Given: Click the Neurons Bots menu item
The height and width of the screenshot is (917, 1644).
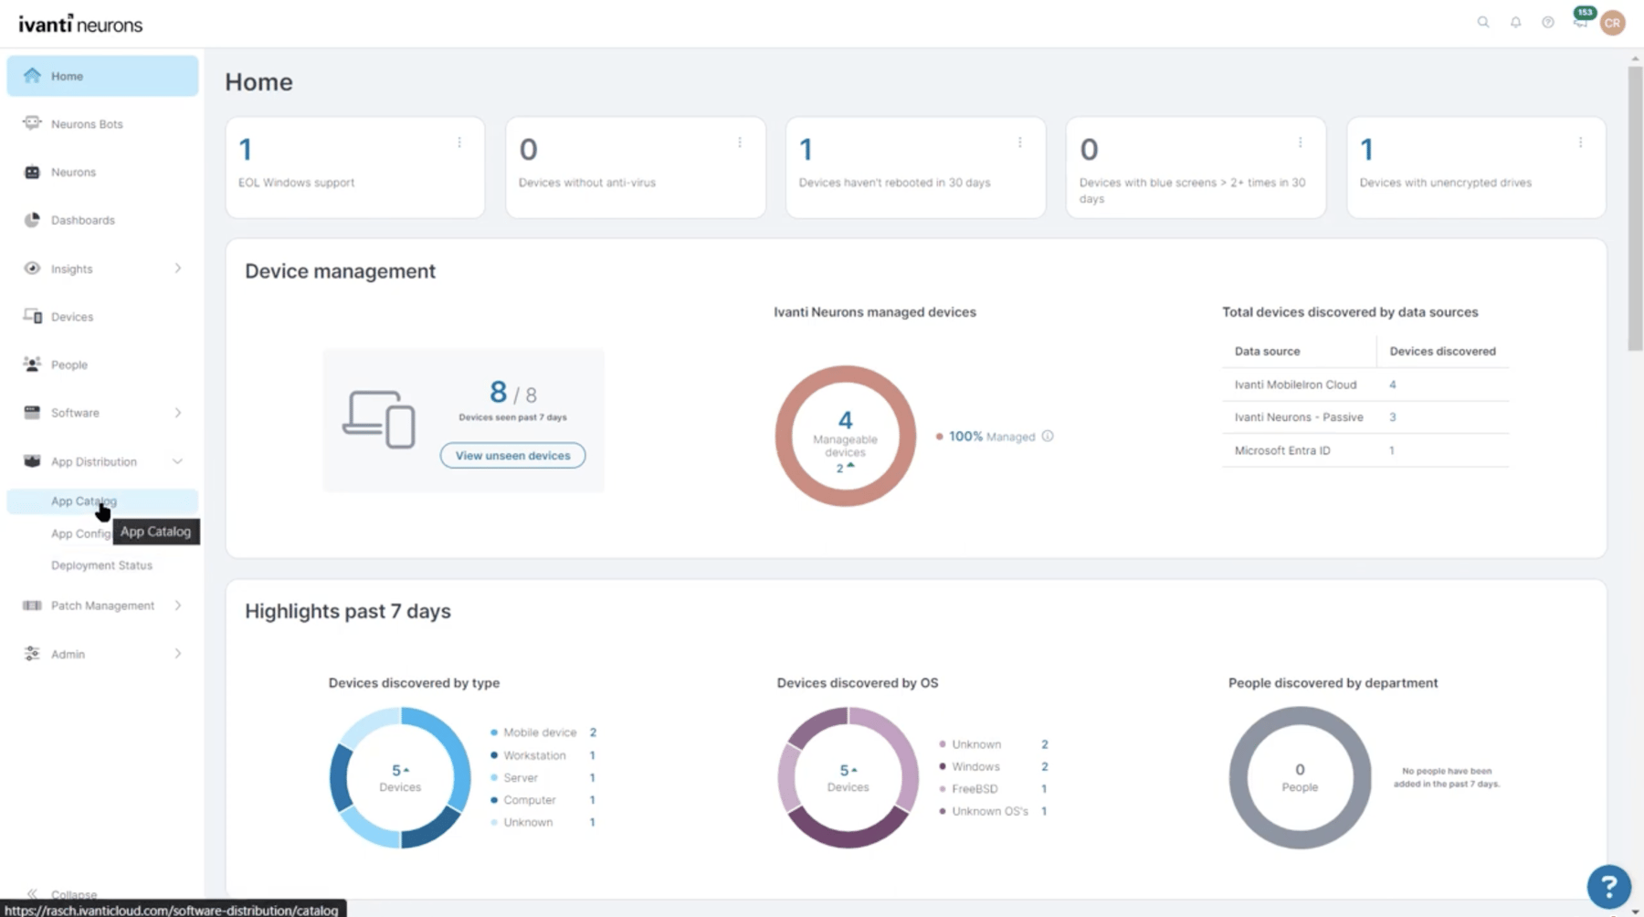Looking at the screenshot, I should click(86, 124).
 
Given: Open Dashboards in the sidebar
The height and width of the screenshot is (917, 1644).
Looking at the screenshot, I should click(82, 220).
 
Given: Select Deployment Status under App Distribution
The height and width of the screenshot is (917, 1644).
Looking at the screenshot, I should click(101, 565).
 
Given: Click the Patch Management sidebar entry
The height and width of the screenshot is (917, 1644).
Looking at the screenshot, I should click(102, 606).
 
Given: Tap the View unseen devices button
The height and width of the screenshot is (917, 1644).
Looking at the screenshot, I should click(512, 455).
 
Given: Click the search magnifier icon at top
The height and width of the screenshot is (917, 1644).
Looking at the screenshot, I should click(1483, 22).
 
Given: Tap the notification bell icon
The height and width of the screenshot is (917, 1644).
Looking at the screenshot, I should click(1515, 22).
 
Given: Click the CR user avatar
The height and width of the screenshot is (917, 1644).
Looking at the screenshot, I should click(1612, 23).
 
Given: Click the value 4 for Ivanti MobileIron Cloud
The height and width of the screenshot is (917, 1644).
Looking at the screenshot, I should click(1392, 385).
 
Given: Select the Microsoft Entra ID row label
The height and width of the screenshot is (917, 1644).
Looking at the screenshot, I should click(1281, 450).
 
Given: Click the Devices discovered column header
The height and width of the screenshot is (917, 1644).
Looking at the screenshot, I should click(1442, 351).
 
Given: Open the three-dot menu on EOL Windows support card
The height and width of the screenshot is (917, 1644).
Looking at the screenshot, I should click(459, 142).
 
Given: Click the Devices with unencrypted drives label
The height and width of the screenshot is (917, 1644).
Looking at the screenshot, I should click(1445, 183).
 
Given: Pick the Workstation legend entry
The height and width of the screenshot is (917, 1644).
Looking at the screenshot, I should click(533, 755).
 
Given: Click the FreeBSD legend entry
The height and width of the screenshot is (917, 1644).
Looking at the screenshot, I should click(974, 789).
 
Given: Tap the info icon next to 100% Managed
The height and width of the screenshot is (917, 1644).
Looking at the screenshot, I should click(1048, 437).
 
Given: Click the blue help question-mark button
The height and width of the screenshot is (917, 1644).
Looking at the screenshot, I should click(1608, 885).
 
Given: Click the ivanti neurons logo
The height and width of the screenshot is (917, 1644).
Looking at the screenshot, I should click(80, 24).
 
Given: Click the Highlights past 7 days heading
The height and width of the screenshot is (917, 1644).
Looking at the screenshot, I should click(347, 611).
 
